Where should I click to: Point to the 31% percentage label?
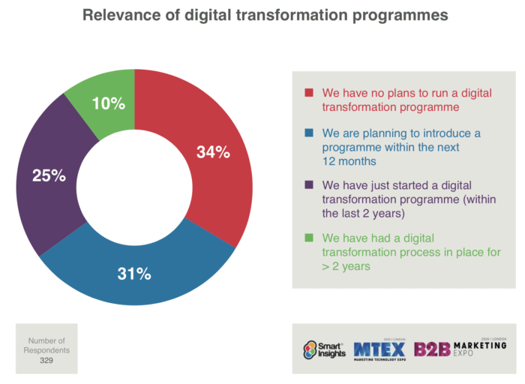click(136, 274)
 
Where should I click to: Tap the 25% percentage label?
click(49, 177)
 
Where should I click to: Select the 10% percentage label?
click(109, 103)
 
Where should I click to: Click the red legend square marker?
click(308, 94)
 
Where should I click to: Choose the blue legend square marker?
click(308, 133)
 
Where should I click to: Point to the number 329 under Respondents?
click(46, 361)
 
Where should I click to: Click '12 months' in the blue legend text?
click(346, 160)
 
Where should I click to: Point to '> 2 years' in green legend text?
click(347, 266)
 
